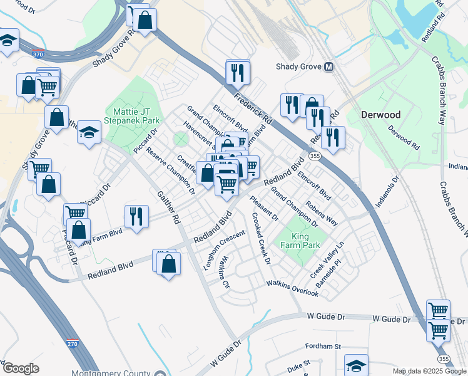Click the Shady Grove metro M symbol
pyautogui.click(x=328, y=67)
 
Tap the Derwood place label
pyautogui.click(x=380, y=115)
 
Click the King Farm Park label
pyautogui.click(x=305, y=241)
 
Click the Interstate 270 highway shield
pyautogui.click(x=73, y=344)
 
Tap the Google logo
pyautogui.click(x=21, y=368)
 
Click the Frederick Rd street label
pyautogui.click(x=253, y=104)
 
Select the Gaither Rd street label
pyautogui.click(x=168, y=207)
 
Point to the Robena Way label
pyautogui.click(x=322, y=213)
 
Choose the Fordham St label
pyautogui.click(x=322, y=346)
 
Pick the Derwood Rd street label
pyautogui.click(x=403, y=137)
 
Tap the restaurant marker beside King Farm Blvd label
pyautogui.click(x=135, y=217)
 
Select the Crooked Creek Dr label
pyautogui.click(x=260, y=238)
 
